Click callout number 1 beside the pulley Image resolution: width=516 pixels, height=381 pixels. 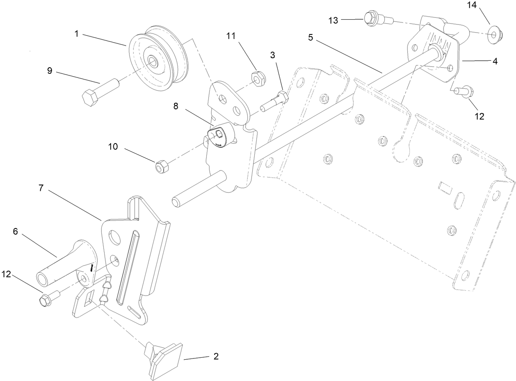[76, 34]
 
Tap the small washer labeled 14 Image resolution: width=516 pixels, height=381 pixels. [495, 34]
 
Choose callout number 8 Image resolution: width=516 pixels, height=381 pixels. [176, 106]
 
